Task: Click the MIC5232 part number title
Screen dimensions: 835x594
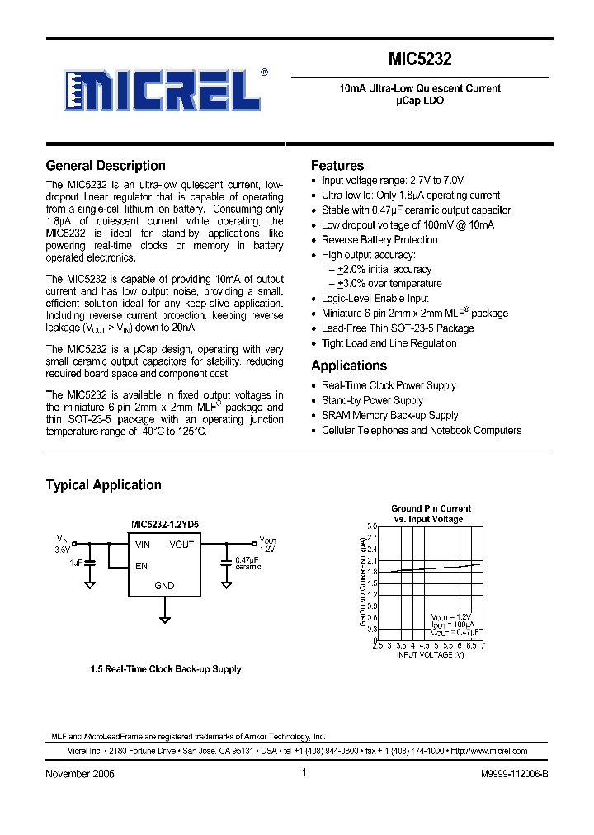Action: click(x=420, y=59)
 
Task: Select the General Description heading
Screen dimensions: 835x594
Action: click(x=106, y=165)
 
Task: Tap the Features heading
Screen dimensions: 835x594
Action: click(x=337, y=165)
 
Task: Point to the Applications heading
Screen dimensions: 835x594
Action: click(x=348, y=366)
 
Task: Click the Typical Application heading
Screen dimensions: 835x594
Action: click(x=103, y=485)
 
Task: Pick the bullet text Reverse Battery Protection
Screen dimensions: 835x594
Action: click(x=379, y=240)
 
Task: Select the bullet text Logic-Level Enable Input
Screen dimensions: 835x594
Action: click(x=375, y=299)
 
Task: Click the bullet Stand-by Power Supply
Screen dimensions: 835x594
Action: click(x=372, y=401)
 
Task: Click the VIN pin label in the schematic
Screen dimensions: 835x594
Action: click(x=143, y=545)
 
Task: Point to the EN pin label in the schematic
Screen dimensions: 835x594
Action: click(x=141, y=566)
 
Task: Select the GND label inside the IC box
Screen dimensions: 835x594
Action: click(x=164, y=586)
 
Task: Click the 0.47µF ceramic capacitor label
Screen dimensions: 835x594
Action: click(x=248, y=564)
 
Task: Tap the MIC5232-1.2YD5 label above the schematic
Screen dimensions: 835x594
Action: click(x=164, y=524)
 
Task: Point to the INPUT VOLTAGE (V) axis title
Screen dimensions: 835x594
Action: click(x=431, y=654)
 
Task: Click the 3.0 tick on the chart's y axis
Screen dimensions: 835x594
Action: click(x=371, y=526)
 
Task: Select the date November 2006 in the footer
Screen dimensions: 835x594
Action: click(x=80, y=774)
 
